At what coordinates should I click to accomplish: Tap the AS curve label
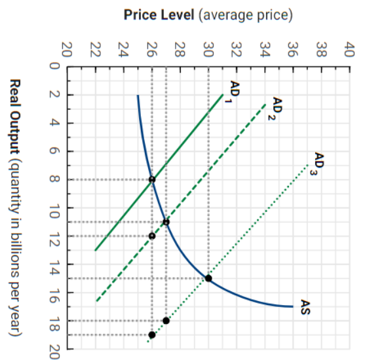point(305,307)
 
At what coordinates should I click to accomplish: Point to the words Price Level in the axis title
point(159,14)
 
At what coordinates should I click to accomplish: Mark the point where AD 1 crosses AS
point(152,179)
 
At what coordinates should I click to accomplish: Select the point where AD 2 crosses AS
point(166,222)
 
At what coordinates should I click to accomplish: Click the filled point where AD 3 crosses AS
point(208,278)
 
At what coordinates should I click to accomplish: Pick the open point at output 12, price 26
point(152,236)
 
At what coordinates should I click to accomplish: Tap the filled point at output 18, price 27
point(166,321)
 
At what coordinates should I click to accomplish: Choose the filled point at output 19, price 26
point(152,334)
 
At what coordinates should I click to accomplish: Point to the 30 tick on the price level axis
point(208,50)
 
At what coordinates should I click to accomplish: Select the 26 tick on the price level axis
point(152,50)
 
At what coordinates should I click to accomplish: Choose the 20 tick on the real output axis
point(55,349)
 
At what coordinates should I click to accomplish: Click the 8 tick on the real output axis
point(55,179)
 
